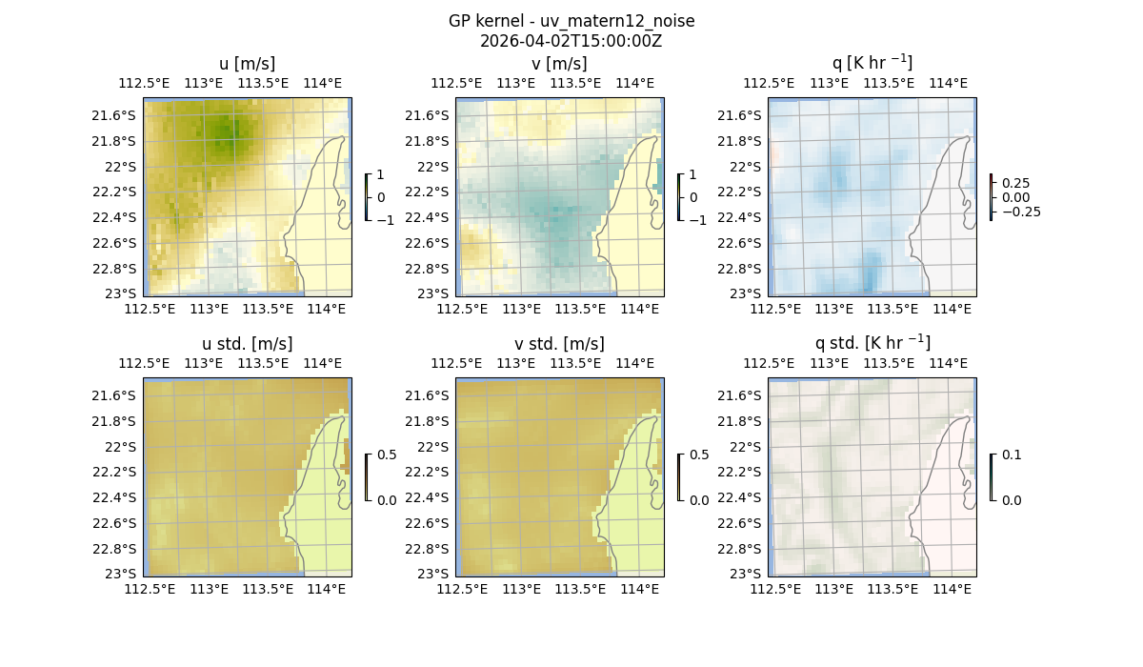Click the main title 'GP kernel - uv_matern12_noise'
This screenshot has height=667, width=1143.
pos(571,21)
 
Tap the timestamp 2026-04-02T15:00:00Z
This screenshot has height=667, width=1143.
pos(571,41)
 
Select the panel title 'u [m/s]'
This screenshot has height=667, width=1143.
pos(247,64)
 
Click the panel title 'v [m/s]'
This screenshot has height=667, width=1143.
pos(559,64)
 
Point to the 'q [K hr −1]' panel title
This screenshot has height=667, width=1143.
pos(872,63)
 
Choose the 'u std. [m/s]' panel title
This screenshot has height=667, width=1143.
pos(247,344)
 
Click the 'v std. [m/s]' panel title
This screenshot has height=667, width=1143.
pos(559,344)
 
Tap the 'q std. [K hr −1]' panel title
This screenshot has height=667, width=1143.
pos(872,343)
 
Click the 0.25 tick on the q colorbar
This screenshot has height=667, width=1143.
pos(1015,183)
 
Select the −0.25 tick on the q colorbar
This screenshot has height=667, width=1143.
pos(1020,212)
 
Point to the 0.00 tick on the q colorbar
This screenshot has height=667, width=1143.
pos(1015,197)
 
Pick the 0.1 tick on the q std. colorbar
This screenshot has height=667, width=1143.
pos(1011,455)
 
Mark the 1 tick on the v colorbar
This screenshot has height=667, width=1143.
pos(693,174)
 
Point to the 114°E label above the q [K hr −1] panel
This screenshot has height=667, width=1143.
pos(947,83)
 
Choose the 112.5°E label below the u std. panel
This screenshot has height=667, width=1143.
pos(150,589)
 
